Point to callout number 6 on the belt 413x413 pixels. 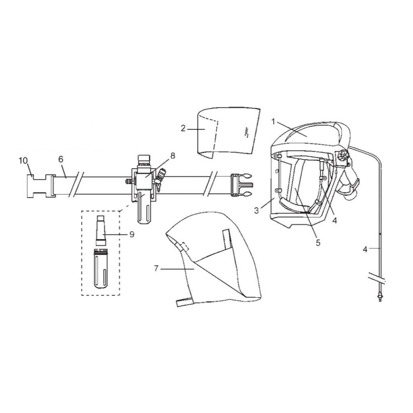(x=60, y=160)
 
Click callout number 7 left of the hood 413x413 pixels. (x=157, y=268)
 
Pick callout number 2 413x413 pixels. (x=183, y=128)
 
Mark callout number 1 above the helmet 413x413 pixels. (x=273, y=121)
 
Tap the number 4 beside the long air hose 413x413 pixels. (x=365, y=249)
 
